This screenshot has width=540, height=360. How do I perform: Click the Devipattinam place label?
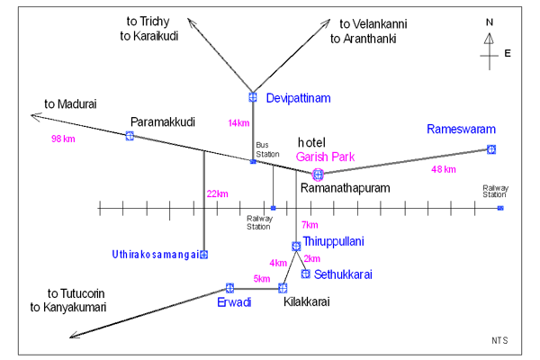(x=298, y=98)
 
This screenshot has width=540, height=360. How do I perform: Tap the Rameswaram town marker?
(x=491, y=149)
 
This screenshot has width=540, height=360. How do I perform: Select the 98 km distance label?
(x=63, y=139)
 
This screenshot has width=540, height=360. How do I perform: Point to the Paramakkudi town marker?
(x=130, y=136)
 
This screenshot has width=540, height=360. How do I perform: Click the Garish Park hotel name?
(x=325, y=157)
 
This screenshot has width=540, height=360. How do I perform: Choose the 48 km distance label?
(x=443, y=169)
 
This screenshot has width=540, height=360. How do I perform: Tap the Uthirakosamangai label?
(x=156, y=255)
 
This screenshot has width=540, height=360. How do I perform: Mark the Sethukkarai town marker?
(x=305, y=274)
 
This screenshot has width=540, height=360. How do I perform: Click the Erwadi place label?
(x=234, y=302)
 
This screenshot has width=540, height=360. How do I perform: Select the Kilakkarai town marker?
(x=283, y=288)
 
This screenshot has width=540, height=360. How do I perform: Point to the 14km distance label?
(x=238, y=123)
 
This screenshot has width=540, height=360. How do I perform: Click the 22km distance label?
(x=217, y=194)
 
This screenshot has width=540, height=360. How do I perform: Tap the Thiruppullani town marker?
(x=296, y=246)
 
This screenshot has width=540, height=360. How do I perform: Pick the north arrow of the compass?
(x=489, y=39)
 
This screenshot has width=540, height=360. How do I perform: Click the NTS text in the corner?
(x=499, y=340)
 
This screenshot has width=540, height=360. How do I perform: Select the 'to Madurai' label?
(x=70, y=104)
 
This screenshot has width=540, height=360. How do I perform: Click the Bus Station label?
(x=267, y=149)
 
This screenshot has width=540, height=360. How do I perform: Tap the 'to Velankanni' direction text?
(x=373, y=24)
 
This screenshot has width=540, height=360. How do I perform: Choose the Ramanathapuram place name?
(x=345, y=188)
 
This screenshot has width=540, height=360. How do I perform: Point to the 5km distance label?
(x=262, y=279)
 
